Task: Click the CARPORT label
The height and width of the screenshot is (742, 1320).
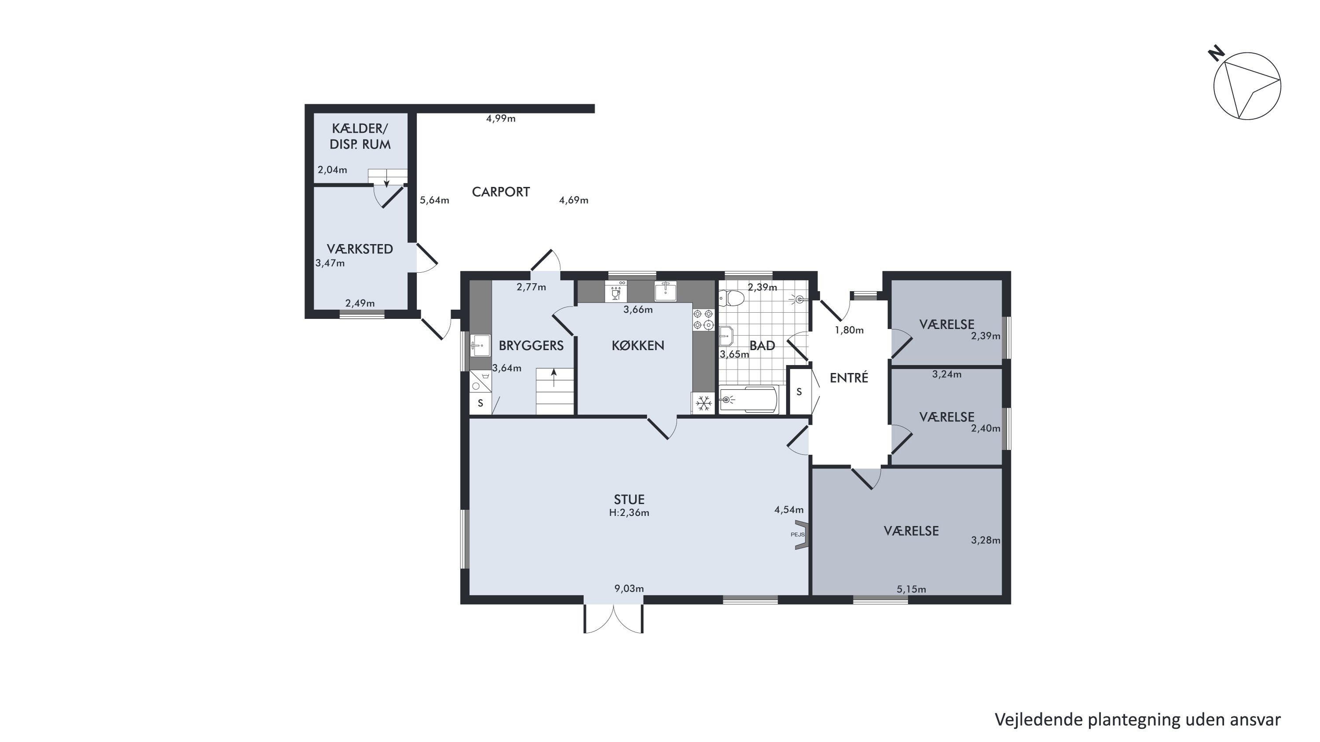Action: tap(501, 192)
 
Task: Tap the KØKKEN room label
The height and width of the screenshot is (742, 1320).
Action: tap(638, 346)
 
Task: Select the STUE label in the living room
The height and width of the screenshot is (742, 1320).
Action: tap(629, 499)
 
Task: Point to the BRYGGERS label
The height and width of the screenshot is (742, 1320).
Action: tap(532, 346)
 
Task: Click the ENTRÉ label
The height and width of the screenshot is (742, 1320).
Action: tap(849, 378)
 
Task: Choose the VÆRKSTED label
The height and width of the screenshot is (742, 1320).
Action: tap(360, 249)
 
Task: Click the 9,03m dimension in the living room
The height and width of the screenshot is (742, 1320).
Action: tap(629, 588)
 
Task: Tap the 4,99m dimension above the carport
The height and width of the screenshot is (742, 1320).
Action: tap(501, 119)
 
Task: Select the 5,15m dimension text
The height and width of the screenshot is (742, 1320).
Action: tap(911, 589)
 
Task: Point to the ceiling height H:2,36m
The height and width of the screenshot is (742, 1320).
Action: tap(629, 512)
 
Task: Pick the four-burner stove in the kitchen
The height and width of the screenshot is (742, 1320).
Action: tap(704, 319)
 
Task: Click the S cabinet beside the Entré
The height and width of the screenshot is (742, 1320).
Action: tap(799, 392)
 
